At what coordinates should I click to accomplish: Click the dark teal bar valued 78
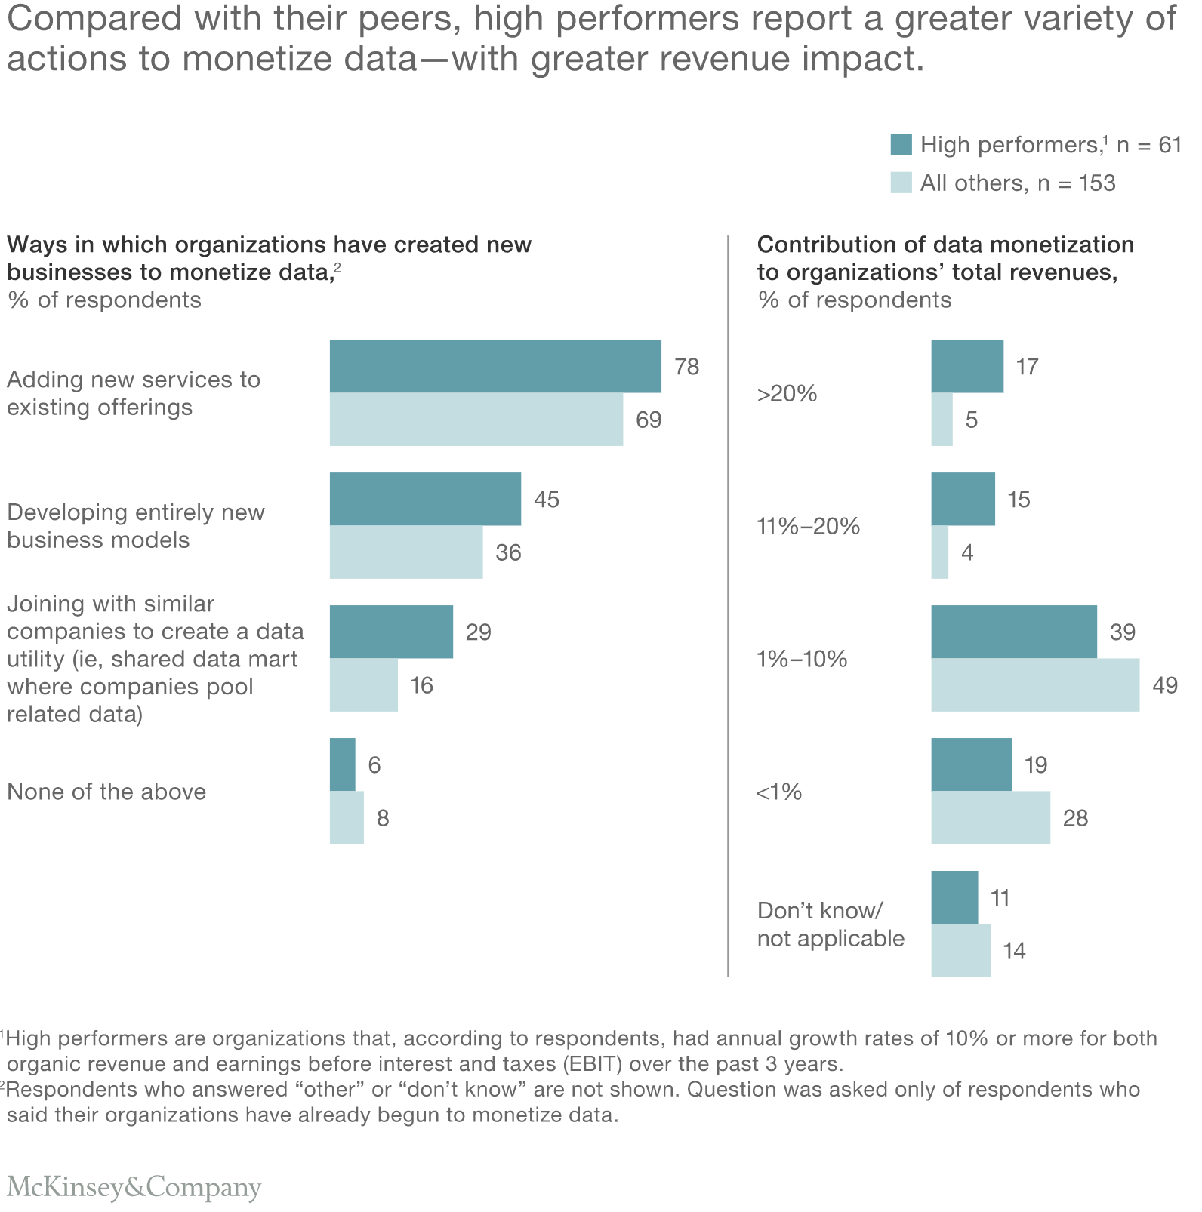(x=495, y=366)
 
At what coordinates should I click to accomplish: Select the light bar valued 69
(x=476, y=420)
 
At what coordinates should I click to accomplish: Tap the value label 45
(x=547, y=500)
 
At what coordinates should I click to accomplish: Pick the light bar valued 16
(x=363, y=685)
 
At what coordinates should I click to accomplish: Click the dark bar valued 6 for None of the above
(x=342, y=764)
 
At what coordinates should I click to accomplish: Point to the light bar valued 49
(x=1035, y=685)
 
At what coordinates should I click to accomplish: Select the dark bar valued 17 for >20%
(x=967, y=366)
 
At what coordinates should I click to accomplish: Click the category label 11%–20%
(x=808, y=527)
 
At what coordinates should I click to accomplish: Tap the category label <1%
(x=778, y=792)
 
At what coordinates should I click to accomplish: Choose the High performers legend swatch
(x=901, y=144)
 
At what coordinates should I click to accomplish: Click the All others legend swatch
(x=901, y=183)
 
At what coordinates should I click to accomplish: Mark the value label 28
(x=1075, y=819)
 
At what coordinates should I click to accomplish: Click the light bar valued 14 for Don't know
(x=960, y=951)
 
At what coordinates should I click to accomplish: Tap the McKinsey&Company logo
(x=134, y=1186)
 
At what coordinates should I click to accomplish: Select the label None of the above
(x=106, y=792)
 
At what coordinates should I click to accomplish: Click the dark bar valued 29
(x=391, y=632)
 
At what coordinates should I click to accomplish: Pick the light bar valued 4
(x=939, y=552)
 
